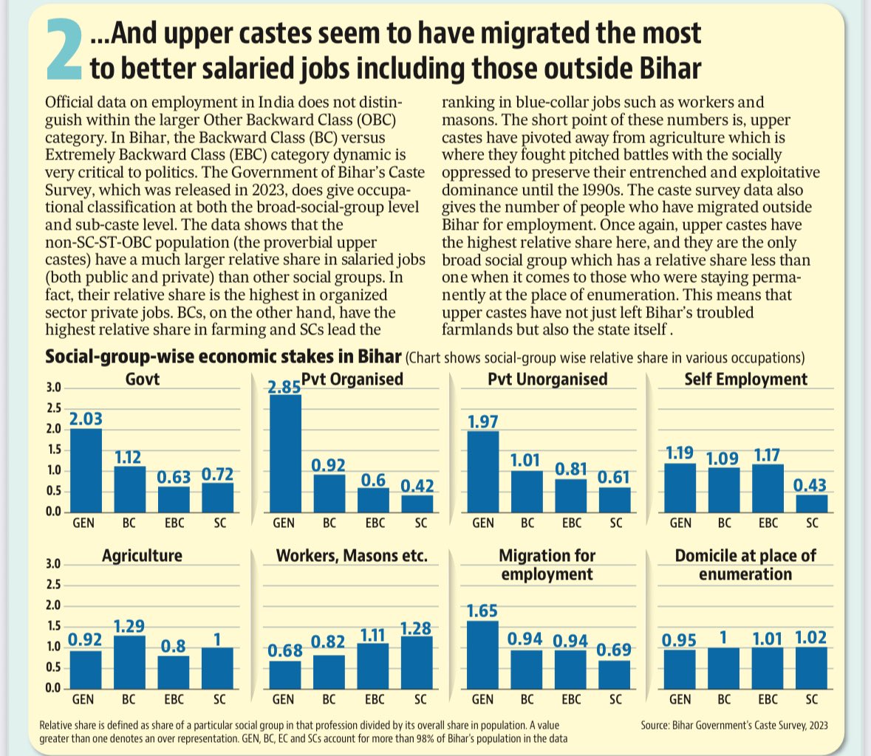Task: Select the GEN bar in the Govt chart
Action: tap(86, 470)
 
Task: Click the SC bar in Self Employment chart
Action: tap(812, 503)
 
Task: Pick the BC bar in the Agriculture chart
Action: tap(129, 661)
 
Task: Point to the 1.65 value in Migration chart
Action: tap(482, 611)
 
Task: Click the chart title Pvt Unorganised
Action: tap(547, 379)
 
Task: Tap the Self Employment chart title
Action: tap(745, 379)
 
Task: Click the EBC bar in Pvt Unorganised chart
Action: tap(570, 495)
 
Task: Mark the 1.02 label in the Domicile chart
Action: tap(811, 637)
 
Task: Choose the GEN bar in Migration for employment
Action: tap(483, 655)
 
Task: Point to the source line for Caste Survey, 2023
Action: tap(734, 725)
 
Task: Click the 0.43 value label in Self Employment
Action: tap(810, 485)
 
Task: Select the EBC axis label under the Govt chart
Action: tap(175, 523)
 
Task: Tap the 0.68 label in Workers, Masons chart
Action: tap(285, 650)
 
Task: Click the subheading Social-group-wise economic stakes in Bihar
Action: tap(223, 357)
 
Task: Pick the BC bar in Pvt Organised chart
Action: tap(329, 493)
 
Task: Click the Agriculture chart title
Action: tap(142, 555)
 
